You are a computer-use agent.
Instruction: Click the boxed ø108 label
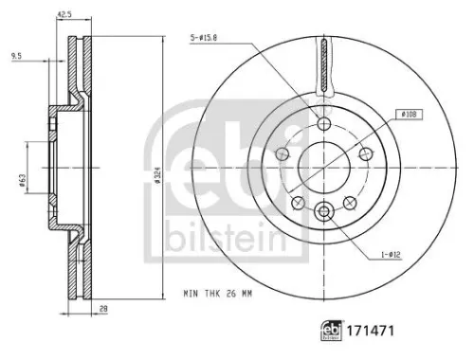409,115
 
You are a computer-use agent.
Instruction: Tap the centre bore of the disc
325,168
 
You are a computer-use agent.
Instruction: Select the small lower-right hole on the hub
350,200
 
